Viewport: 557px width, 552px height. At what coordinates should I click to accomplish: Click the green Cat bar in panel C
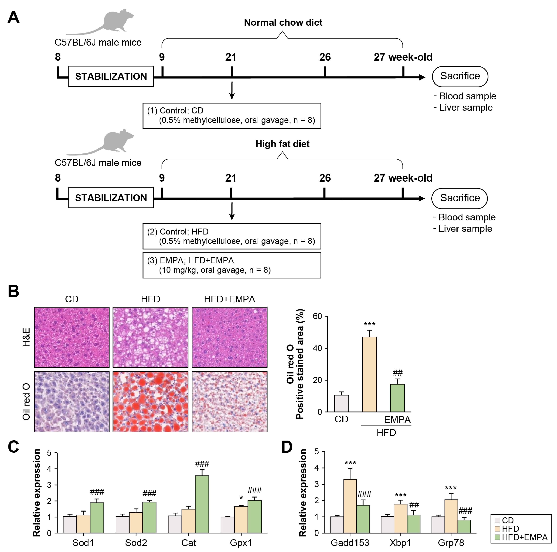[x=202, y=504]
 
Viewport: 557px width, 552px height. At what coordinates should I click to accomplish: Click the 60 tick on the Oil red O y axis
[x=317, y=316]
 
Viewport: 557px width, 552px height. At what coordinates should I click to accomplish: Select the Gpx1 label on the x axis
[x=241, y=543]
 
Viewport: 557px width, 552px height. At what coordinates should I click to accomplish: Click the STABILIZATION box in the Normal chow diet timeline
[x=111, y=76]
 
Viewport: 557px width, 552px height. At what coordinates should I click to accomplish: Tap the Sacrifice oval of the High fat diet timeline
[x=460, y=198]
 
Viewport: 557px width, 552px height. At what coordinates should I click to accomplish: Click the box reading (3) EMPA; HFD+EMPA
[x=232, y=265]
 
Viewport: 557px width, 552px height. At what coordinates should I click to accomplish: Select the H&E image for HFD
[x=150, y=337]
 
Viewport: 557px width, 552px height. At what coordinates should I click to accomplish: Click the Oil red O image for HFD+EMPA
[x=230, y=402]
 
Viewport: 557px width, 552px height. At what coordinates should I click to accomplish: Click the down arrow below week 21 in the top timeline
[x=232, y=91]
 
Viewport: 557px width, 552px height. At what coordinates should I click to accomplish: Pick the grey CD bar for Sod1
[x=70, y=524]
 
